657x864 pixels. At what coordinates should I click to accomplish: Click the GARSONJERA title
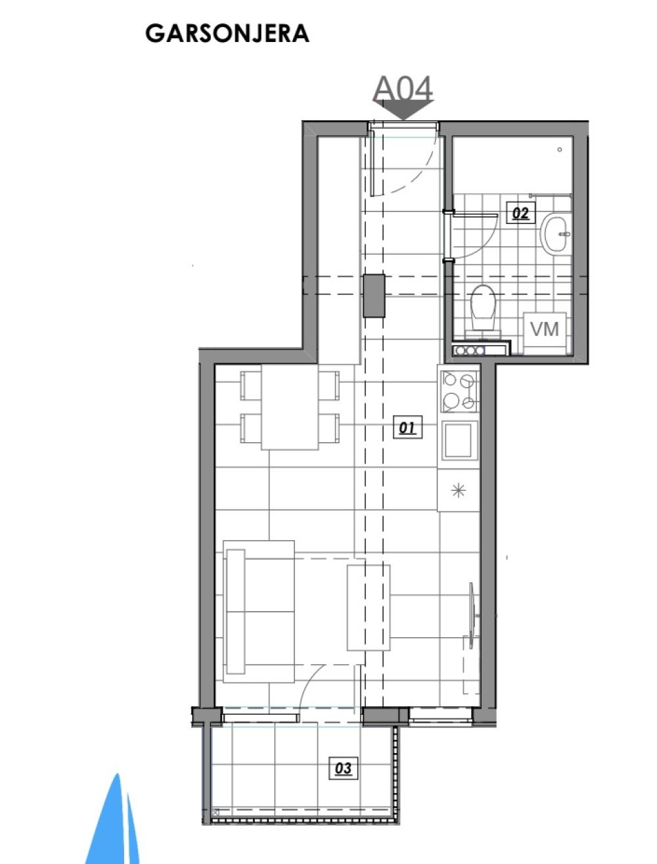[227, 34]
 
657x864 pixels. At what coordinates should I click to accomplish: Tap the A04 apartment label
[403, 89]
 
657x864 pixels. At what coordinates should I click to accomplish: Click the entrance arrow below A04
[403, 110]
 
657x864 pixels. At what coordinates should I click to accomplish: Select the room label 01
[407, 427]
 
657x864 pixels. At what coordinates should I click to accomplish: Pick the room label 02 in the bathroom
[520, 213]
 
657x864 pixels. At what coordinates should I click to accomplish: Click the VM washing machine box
[545, 333]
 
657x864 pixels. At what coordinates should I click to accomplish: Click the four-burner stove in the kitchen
[459, 392]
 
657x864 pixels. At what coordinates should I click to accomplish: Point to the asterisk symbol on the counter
[458, 490]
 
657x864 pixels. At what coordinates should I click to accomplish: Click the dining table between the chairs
[290, 407]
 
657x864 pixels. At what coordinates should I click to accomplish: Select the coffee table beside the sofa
[368, 608]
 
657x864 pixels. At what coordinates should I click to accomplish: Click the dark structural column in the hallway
[373, 296]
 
